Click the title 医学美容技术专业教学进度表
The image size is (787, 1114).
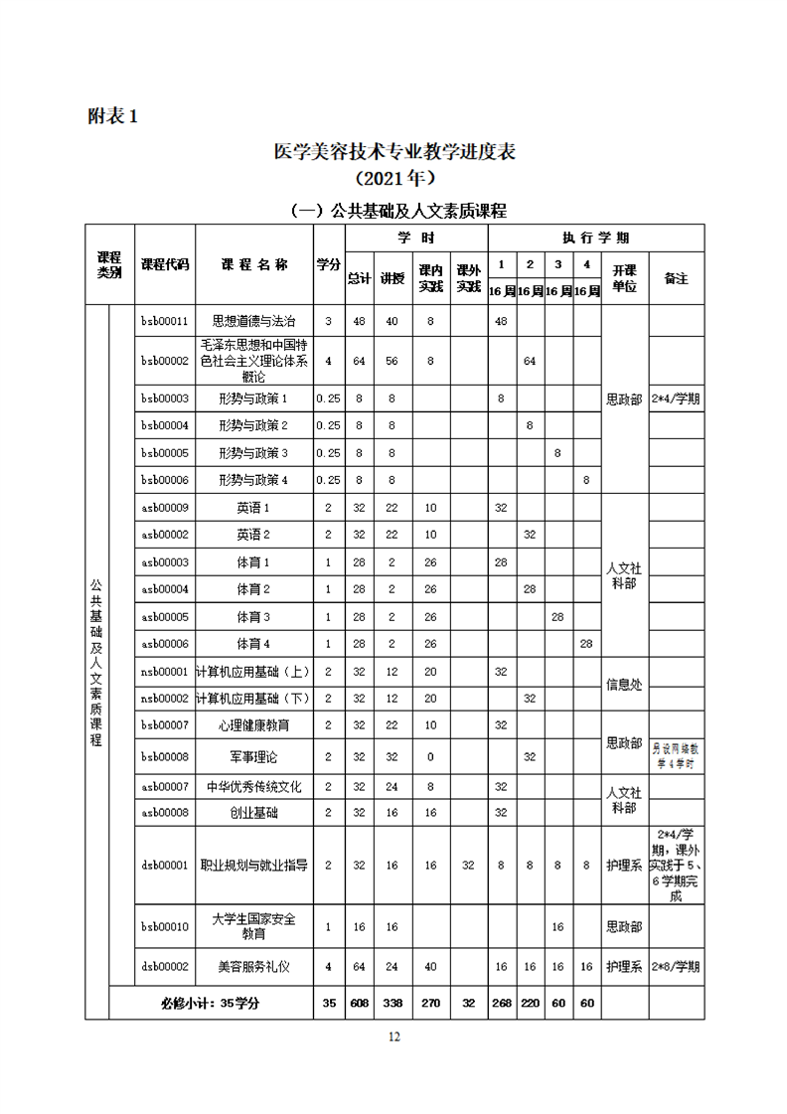tap(394, 152)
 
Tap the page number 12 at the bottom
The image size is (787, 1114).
tap(394, 1036)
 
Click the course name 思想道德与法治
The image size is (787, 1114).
tap(254, 322)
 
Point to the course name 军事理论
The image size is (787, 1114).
tap(254, 756)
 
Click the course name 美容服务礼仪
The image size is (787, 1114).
tap(254, 966)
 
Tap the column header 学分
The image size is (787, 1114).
tap(329, 264)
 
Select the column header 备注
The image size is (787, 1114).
tap(676, 278)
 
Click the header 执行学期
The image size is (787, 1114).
tap(595, 238)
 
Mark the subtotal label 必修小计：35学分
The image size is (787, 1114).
tap(210, 1003)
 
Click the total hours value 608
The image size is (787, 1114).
tap(359, 1003)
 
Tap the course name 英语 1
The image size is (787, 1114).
tap(254, 508)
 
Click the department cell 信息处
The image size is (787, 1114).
tap(624, 684)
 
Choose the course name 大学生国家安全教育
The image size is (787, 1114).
tap(254, 926)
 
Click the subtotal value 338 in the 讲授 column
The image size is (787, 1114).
tap(392, 1003)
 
